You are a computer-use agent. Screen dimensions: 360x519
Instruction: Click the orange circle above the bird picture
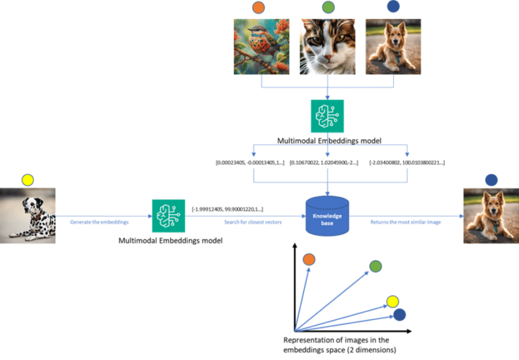[x=258, y=7]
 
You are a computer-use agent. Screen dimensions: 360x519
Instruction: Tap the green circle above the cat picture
[x=328, y=7]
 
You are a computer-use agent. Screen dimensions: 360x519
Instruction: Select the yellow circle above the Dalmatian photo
[x=27, y=180]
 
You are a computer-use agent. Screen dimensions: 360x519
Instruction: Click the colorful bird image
[x=261, y=46]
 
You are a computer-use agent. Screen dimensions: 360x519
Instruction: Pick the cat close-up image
[x=328, y=46]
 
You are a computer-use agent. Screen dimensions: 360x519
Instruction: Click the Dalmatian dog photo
[x=28, y=215]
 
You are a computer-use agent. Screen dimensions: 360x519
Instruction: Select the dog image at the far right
[x=491, y=215]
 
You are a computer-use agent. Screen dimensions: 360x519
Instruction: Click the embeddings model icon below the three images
[x=327, y=116]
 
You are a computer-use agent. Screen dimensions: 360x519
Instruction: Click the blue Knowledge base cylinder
[x=327, y=216]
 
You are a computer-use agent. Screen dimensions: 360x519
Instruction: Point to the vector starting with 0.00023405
[x=250, y=163]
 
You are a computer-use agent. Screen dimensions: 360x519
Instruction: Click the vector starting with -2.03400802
[x=405, y=163]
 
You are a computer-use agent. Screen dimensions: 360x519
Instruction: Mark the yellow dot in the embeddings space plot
[x=392, y=301]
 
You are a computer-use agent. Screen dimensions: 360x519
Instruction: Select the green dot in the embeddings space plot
[x=376, y=267]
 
